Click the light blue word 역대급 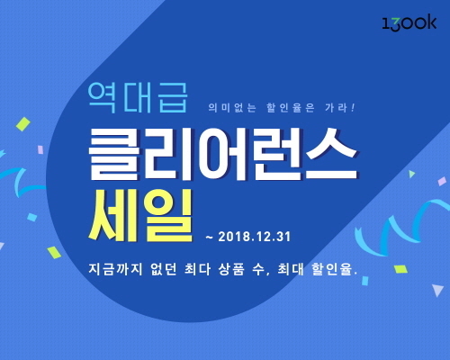[x=138, y=98]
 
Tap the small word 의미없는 [x=232, y=108]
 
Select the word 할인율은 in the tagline [x=291, y=108]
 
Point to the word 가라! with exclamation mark [x=340, y=108]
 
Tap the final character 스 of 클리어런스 [x=330, y=154]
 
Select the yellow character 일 [x=168, y=215]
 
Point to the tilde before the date [x=209, y=238]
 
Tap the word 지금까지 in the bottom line [x=115, y=269]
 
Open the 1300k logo [x=409, y=22]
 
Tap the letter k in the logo [x=431, y=22]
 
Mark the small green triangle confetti [x=412, y=174]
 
